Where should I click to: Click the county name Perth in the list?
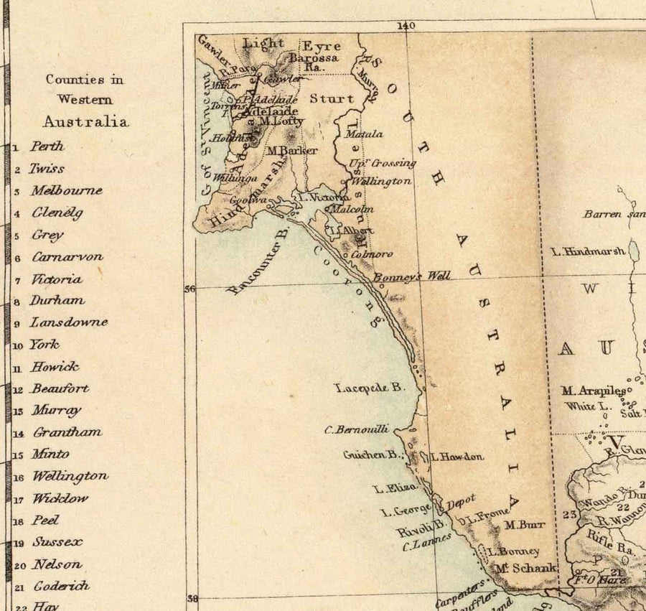(x=47, y=146)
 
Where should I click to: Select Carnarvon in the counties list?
(x=67, y=256)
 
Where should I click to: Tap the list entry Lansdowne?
(x=68, y=322)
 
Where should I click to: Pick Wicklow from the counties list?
(x=60, y=498)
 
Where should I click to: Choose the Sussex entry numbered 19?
(x=57, y=542)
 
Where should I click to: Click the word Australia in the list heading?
(x=85, y=121)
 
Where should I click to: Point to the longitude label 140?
(x=406, y=26)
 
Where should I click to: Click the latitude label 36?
(x=189, y=289)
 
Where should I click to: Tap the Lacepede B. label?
(x=370, y=388)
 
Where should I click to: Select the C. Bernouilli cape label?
(x=357, y=429)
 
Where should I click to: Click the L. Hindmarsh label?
(x=588, y=251)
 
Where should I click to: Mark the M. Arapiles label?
(x=593, y=391)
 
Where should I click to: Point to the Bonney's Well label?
(x=412, y=276)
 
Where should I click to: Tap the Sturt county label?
(x=332, y=98)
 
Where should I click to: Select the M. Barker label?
(x=291, y=151)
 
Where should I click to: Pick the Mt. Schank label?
(x=525, y=568)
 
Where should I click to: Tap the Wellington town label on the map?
(x=382, y=182)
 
